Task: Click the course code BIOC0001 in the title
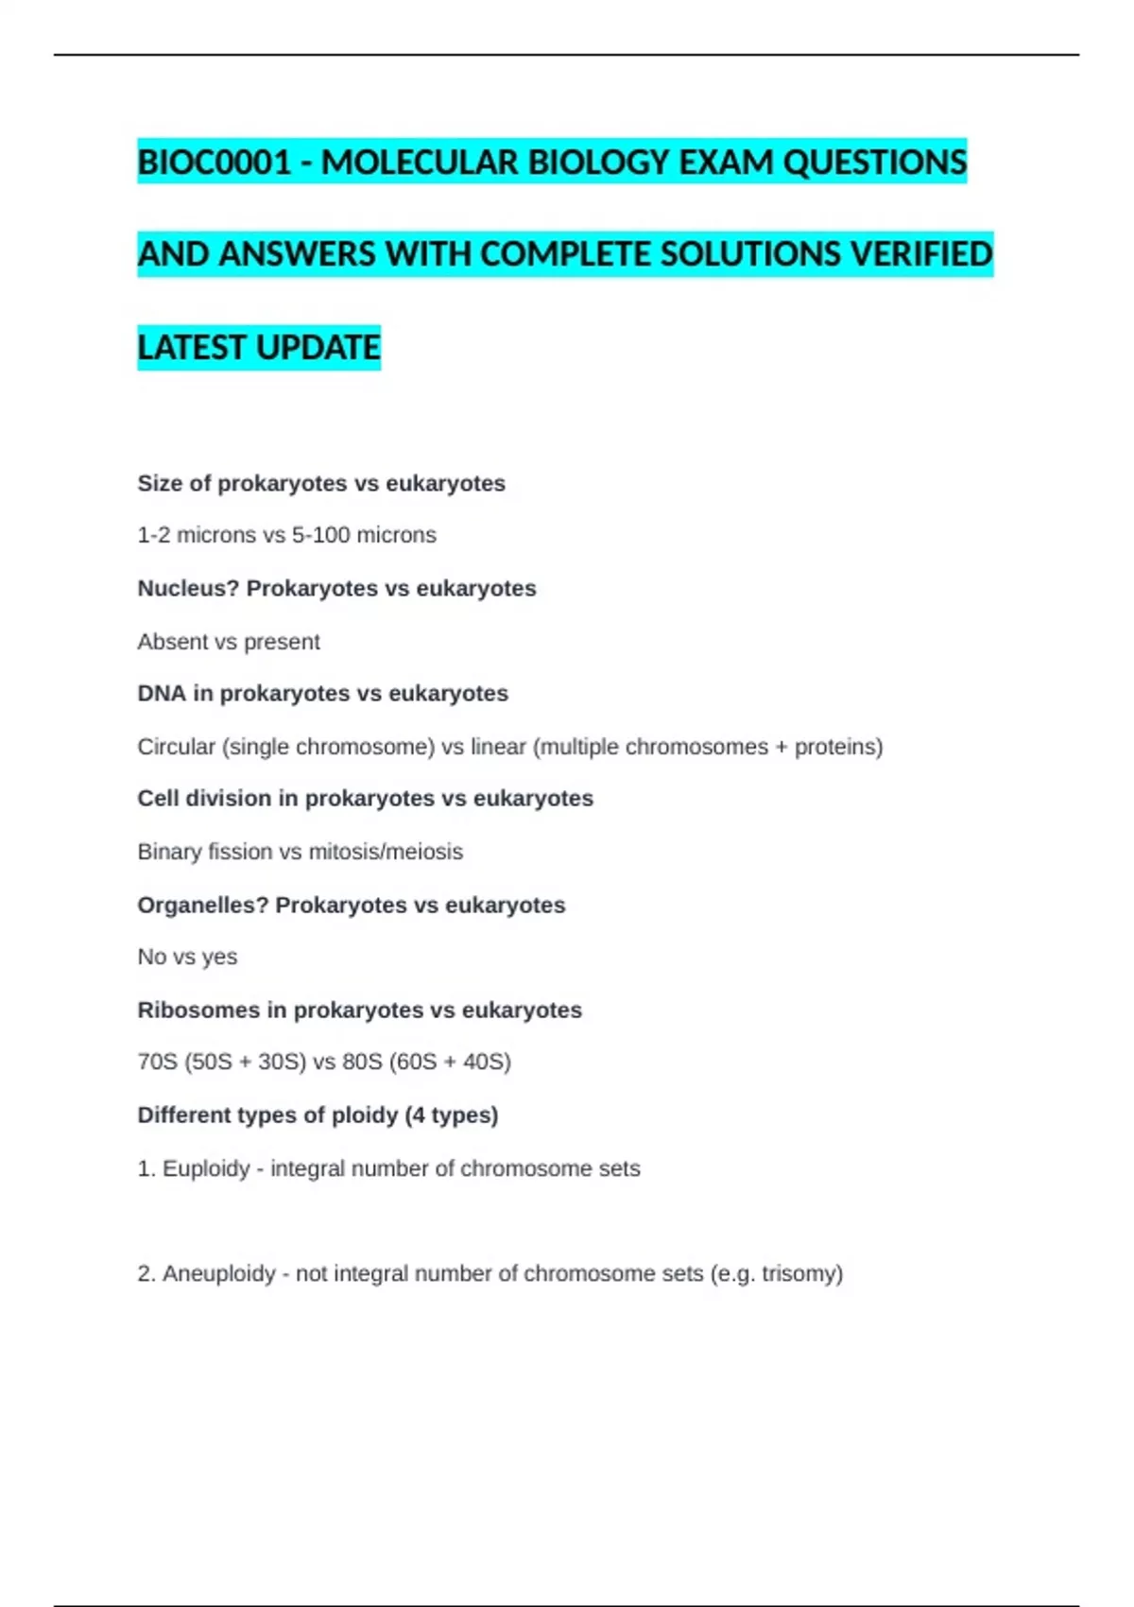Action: [214, 163]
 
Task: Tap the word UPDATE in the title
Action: [318, 348]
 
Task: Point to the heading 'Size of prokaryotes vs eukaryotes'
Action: [321, 483]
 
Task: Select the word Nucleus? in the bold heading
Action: [188, 588]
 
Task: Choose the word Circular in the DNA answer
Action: [177, 747]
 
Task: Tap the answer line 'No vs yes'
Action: [187, 957]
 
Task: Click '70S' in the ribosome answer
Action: [158, 1062]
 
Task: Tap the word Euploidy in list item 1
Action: [206, 1168]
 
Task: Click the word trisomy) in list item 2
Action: [802, 1273]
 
